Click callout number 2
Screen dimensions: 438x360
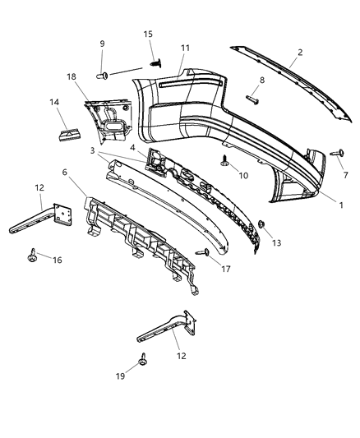click(x=300, y=53)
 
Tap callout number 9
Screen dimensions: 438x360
click(x=103, y=44)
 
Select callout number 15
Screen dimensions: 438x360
click(x=148, y=34)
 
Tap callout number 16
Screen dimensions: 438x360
click(x=57, y=260)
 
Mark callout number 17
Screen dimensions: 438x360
click(x=225, y=267)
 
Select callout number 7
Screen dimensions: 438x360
click(x=345, y=175)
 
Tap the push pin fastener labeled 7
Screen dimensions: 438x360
click(x=337, y=154)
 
